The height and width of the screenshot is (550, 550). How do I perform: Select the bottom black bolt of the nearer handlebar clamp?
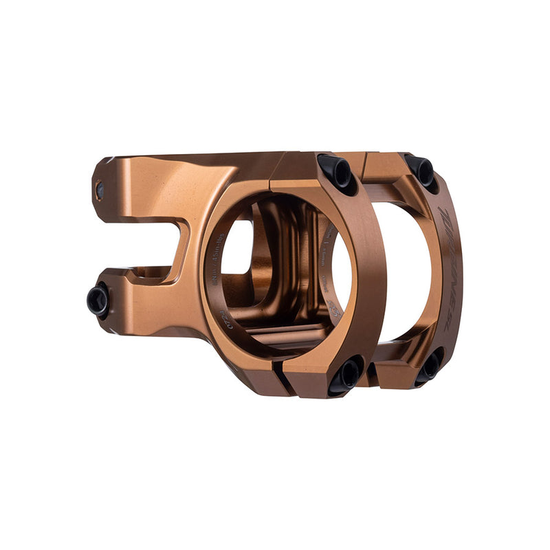346,375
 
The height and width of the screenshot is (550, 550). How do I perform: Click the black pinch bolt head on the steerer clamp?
98,300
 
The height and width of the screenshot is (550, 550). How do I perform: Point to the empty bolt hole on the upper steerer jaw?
100,188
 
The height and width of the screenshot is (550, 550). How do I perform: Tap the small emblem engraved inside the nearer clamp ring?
335,309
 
